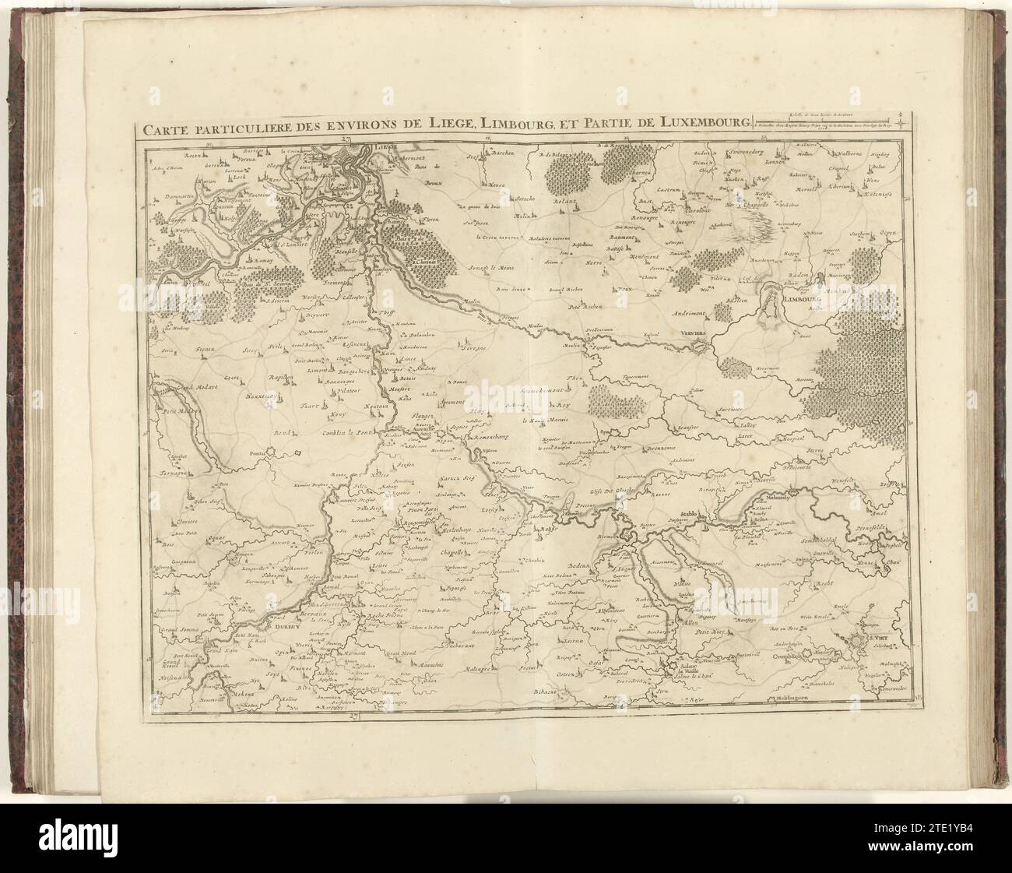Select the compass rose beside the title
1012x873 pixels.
point(900,121)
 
